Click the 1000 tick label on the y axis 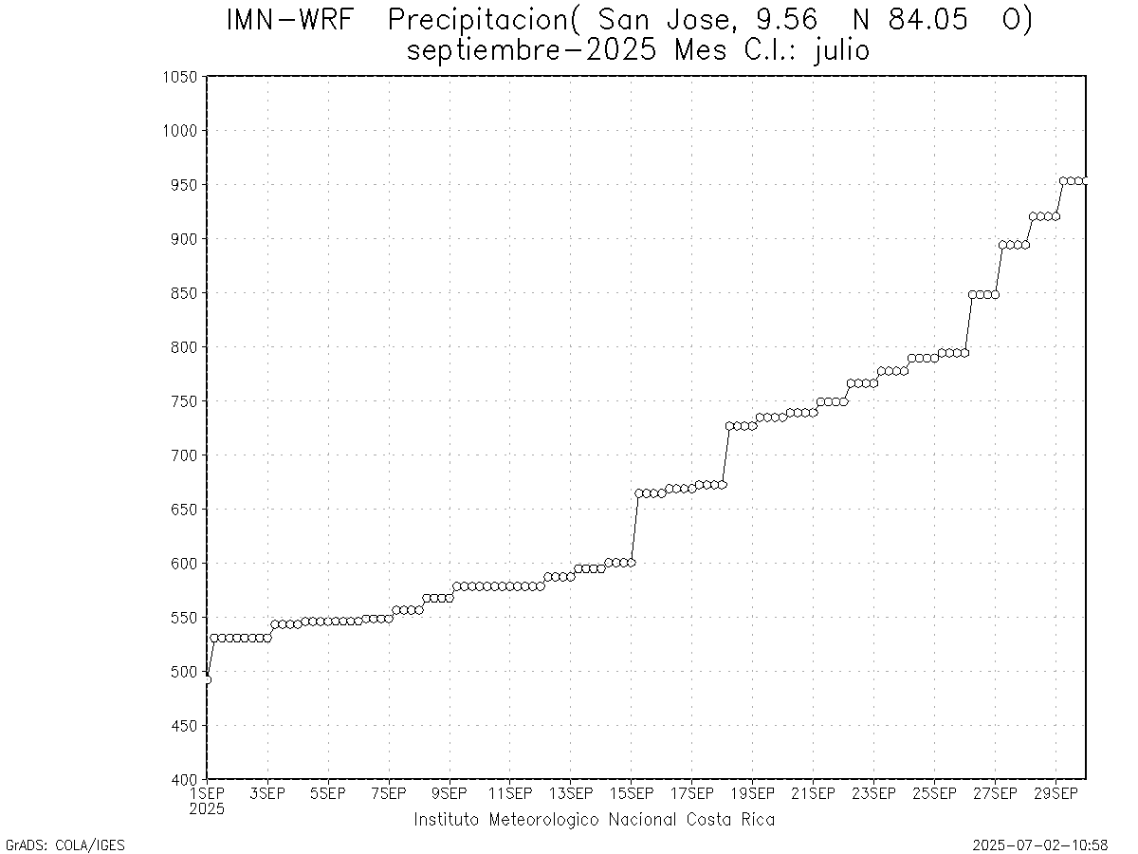(x=179, y=131)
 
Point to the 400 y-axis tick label (x=184, y=780)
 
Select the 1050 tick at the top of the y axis (x=179, y=77)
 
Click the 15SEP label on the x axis (x=631, y=793)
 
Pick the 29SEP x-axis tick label (x=1055, y=793)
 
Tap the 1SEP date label (x=207, y=793)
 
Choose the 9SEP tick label (x=450, y=793)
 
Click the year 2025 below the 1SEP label (x=207, y=809)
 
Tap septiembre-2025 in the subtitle (x=535, y=50)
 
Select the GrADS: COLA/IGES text (x=64, y=845)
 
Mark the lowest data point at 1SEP (x=207, y=679)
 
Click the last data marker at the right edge (x=1085, y=180)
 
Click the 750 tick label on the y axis (x=184, y=401)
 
